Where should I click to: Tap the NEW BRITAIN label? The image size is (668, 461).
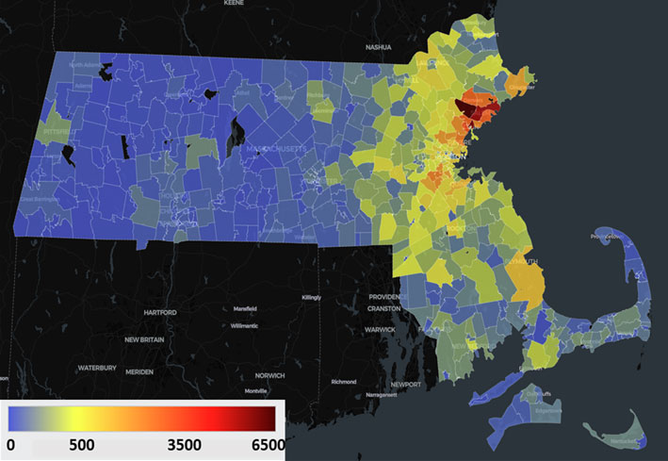tap(145, 339)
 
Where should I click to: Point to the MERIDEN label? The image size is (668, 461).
tap(139, 371)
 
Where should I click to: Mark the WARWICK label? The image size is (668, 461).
tap(382, 331)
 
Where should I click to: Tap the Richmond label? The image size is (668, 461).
tap(344, 382)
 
